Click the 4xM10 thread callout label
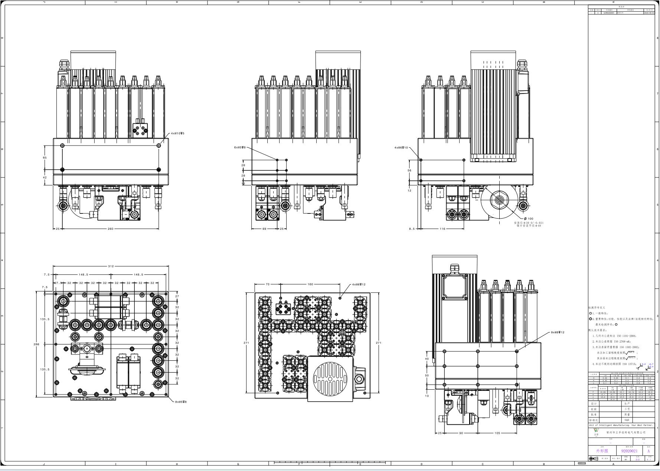click(177, 133)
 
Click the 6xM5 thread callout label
click(240, 148)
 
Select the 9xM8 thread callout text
click(557, 333)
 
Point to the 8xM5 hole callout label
click(181, 402)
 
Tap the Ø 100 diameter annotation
click(529, 219)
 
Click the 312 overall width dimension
click(111, 266)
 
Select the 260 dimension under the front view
click(110, 229)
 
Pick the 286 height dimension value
click(36, 344)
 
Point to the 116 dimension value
click(442, 229)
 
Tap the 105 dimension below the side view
click(497, 433)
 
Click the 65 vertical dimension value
click(45, 158)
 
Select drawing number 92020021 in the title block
click(629, 451)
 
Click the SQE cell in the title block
click(627, 420)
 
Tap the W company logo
click(596, 431)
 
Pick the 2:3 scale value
click(637, 459)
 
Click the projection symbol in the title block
click(593, 459)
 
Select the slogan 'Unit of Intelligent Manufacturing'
click(621, 425)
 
